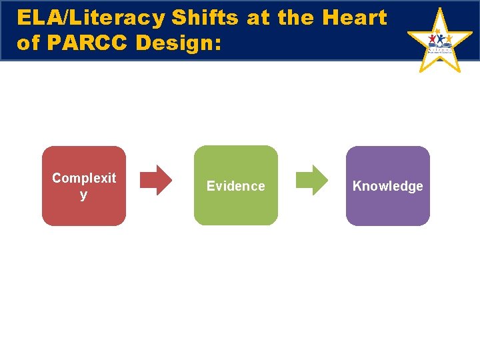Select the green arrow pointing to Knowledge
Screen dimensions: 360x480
pos(311,179)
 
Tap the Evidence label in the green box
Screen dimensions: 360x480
pos(235,186)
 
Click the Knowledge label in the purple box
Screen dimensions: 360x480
pos(387,186)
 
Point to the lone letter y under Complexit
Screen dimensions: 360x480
pos(83,195)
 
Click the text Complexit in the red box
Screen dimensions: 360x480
pos(83,178)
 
